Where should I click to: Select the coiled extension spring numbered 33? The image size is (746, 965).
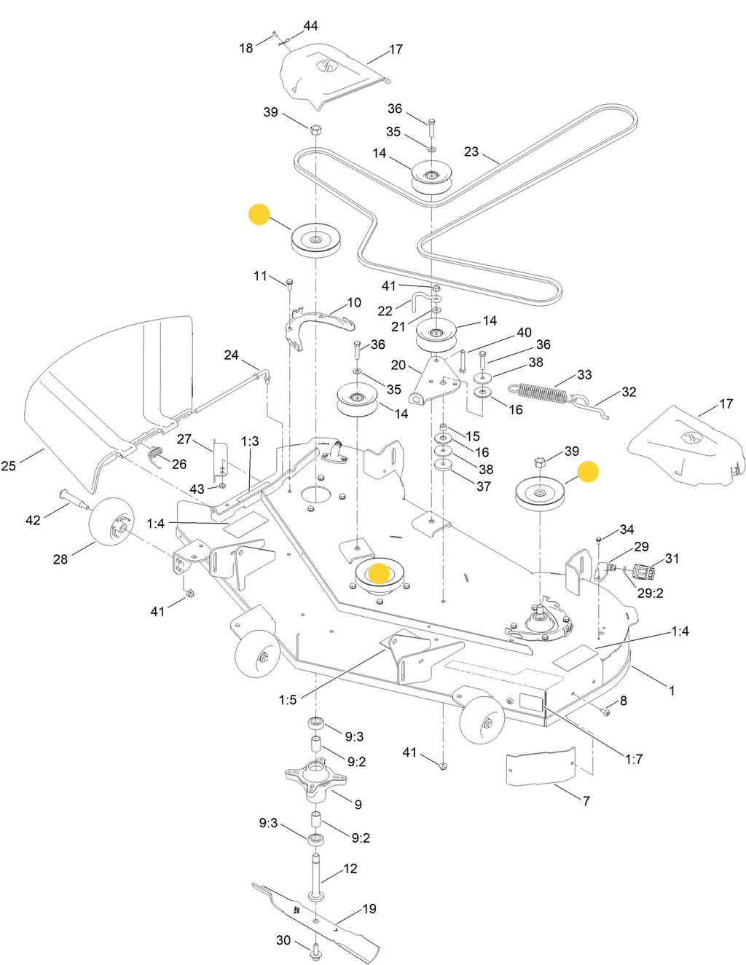[x=538, y=393]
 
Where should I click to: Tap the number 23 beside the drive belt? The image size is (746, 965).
[x=471, y=151]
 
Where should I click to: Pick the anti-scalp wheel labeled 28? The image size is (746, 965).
[x=111, y=521]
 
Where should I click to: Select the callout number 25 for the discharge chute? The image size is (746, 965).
[x=8, y=466]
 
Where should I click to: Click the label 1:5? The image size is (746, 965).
[x=287, y=701]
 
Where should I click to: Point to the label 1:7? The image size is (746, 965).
[x=634, y=760]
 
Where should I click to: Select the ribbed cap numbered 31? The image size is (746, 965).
[x=644, y=572]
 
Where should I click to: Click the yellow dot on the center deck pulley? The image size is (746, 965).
[x=380, y=573]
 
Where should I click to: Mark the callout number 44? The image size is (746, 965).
[x=310, y=25]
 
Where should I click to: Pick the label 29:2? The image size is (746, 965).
[x=650, y=594]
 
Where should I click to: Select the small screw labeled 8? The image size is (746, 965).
[x=605, y=712]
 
